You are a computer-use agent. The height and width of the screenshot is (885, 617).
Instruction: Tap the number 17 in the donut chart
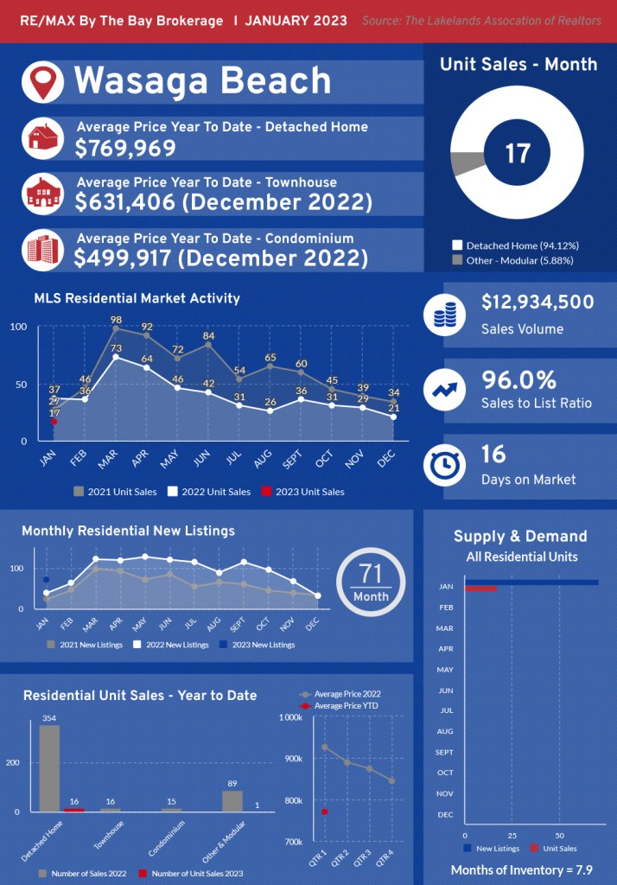(x=517, y=154)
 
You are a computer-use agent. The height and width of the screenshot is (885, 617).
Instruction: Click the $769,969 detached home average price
(x=125, y=149)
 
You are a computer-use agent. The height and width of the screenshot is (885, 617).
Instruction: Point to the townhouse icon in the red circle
(x=41, y=194)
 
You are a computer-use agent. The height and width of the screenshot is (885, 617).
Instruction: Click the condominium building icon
(x=41, y=249)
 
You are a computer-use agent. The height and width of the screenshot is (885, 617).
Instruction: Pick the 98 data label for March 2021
(x=116, y=321)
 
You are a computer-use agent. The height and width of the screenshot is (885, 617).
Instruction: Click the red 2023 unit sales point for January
(x=54, y=422)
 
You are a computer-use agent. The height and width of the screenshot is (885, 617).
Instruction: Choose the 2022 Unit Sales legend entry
(x=209, y=492)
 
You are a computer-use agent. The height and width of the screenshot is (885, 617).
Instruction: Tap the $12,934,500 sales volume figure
(x=537, y=302)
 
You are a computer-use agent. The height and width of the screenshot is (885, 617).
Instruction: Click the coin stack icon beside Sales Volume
(x=445, y=315)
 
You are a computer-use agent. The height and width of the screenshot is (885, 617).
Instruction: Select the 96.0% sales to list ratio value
(x=518, y=380)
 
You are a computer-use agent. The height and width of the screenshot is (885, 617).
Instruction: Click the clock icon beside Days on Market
(x=445, y=466)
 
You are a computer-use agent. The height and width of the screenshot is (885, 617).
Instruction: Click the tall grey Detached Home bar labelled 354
(x=49, y=767)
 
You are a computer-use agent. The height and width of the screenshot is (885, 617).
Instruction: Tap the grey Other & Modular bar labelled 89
(x=232, y=801)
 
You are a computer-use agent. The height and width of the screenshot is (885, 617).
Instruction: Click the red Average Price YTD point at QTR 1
(x=325, y=812)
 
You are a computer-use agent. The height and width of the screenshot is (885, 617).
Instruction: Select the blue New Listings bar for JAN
(x=531, y=582)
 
